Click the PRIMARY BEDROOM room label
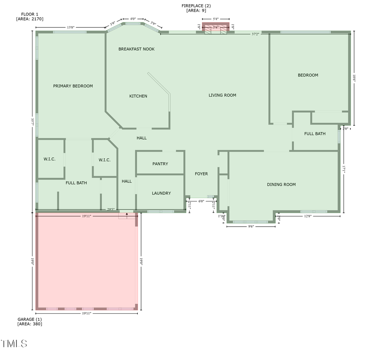click(x=73, y=86)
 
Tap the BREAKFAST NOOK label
click(x=136, y=49)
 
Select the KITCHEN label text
click(x=138, y=96)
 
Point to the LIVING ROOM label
click(x=222, y=95)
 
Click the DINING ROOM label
click(x=281, y=184)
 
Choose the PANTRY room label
click(x=160, y=164)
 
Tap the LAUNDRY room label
click(x=161, y=193)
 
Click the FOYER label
click(x=201, y=174)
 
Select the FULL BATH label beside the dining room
click(x=315, y=134)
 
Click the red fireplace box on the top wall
click(x=216, y=27)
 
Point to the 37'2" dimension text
click(x=255, y=34)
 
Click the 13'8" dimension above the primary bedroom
click(x=71, y=27)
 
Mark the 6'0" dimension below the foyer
click(x=201, y=201)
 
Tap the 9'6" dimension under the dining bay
click(x=251, y=226)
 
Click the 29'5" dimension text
click(x=111, y=209)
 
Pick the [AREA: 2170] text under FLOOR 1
click(x=30, y=19)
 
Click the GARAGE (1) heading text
click(x=29, y=319)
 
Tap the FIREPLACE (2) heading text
click(x=196, y=5)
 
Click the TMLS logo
click(x=14, y=344)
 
